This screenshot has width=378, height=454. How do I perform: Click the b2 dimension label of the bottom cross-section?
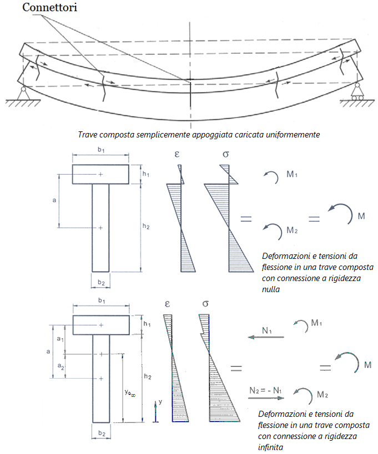click(101, 433)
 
